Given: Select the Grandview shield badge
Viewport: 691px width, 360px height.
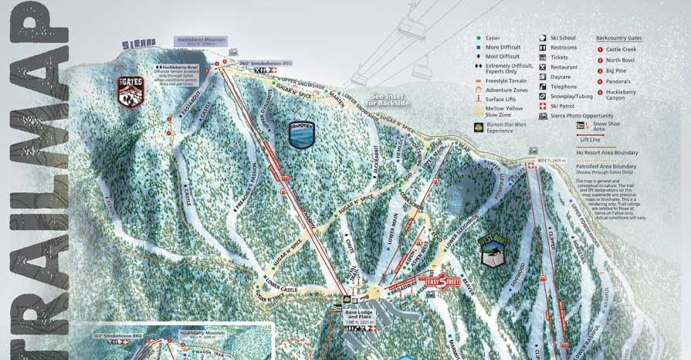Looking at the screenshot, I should [x=300, y=133].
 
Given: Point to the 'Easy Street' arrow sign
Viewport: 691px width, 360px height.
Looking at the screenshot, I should [x=442, y=282].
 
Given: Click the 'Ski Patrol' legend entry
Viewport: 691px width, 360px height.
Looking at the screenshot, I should [x=562, y=106].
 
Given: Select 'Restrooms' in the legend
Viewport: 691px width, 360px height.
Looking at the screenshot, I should [x=563, y=47].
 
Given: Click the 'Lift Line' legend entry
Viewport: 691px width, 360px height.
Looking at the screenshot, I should [x=591, y=140].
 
